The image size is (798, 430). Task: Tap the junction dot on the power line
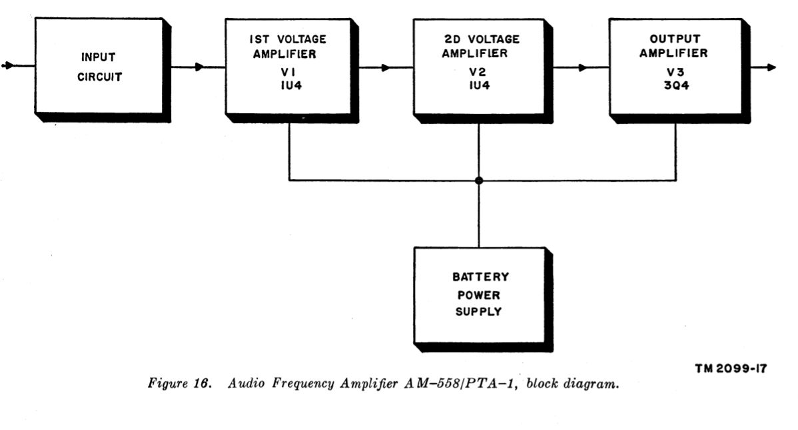(x=478, y=180)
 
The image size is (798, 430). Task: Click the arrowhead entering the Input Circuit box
(x=8, y=66)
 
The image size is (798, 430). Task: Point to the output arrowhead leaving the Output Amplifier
(x=771, y=67)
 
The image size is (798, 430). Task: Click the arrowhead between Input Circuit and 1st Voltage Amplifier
(x=200, y=67)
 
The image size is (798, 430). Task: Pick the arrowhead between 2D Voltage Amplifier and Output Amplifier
(x=584, y=67)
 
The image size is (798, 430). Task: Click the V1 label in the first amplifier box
(x=288, y=69)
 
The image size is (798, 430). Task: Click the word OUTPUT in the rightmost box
(x=673, y=39)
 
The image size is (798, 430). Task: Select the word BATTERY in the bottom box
(x=481, y=277)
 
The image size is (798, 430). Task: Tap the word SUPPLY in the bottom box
(x=478, y=312)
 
